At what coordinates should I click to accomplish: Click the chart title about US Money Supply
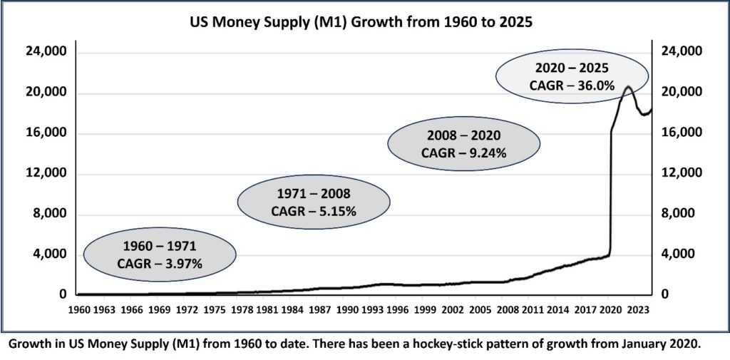(x=364, y=21)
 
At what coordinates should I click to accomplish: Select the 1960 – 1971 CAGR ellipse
(x=160, y=254)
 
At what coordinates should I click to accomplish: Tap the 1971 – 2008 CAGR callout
(x=313, y=202)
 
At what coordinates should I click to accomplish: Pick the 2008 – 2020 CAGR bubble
(x=463, y=143)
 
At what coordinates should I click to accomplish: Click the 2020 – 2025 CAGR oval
(x=572, y=76)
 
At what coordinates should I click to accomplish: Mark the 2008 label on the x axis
(x=507, y=310)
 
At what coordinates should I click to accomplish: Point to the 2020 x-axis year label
(x=610, y=310)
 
